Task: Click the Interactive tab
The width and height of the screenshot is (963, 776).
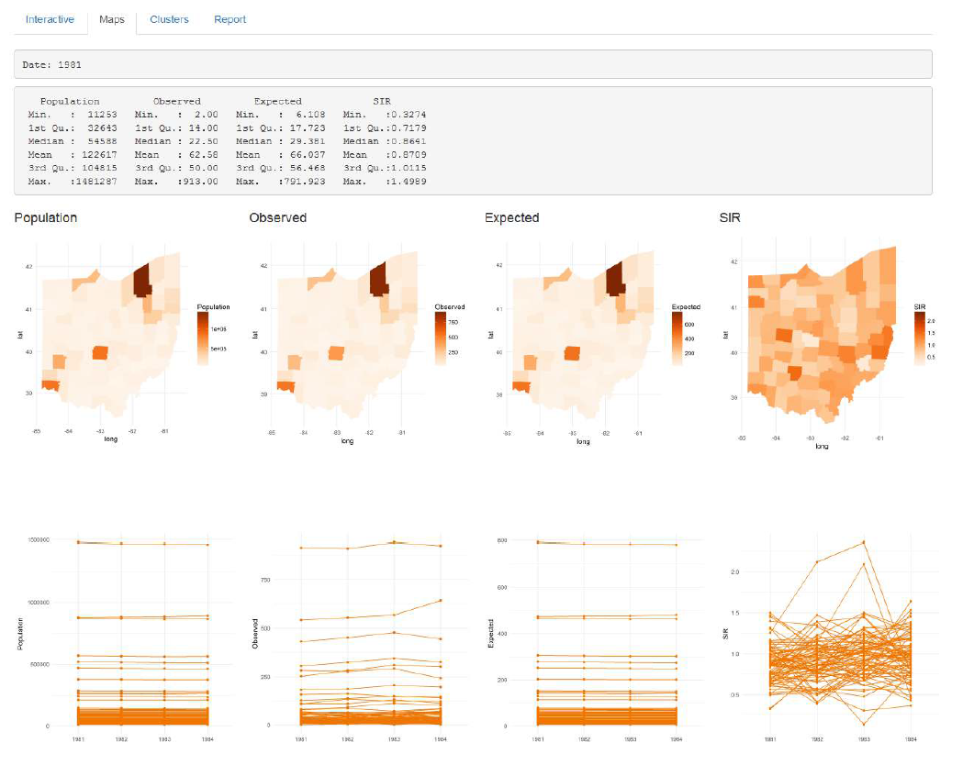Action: coord(50,19)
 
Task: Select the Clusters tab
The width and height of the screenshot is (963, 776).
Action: coord(169,19)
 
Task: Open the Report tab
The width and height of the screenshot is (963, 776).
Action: coord(230,19)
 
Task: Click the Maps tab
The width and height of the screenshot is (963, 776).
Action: coord(112,19)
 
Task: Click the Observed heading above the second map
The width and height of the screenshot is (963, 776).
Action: coord(277,218)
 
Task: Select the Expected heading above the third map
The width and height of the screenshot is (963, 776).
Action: coord(511,218)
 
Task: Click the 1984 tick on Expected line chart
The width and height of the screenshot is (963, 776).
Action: coord(676,737)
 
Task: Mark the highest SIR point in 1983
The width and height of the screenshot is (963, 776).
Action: coord(863,542)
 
